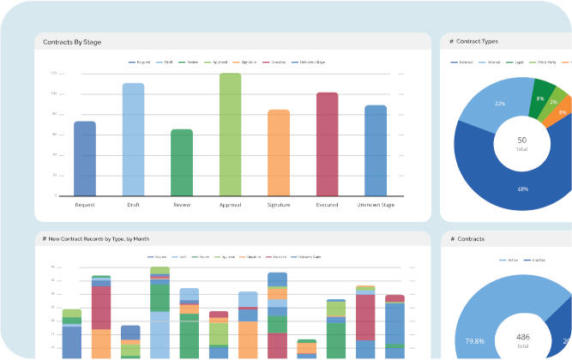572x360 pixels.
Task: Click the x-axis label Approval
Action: coord(230,205)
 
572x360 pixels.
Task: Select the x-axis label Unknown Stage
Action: coord(376,205)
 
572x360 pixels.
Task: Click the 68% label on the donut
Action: coord(498,189)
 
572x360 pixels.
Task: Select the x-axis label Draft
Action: coord(133,205)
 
